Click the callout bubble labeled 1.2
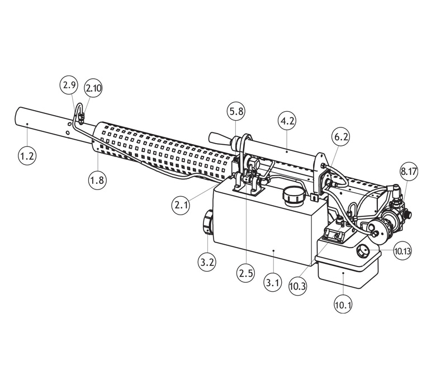(x=27, y=156)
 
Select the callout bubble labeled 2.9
(x=69, y=85)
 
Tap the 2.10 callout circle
(x=93, y=88)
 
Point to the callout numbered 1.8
(x=98, y=180)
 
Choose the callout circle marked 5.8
(x=236, y=111)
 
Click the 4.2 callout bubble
(x=287, y=121)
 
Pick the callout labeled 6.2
(x=341, y=137)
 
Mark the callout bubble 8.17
(x=409, y=171)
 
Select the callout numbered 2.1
(x=181, y=206)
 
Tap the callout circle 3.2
(x=207, y=262)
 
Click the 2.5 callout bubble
(x=246, y=273)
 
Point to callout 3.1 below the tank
(x=273, y=283)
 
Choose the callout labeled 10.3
(x=298, y=286)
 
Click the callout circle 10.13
(x=402, y=251)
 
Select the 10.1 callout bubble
(x=343, y=305)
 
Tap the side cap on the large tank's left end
(x=207, y=222)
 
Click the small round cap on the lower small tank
(x=363, y=251)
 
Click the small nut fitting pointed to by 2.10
(x=81, y=117)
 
